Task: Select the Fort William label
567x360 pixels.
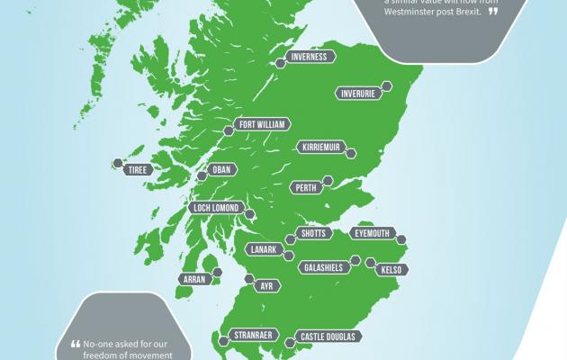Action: point(258,125)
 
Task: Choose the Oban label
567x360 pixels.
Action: point(220,168)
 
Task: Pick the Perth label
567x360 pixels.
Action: point(304,187)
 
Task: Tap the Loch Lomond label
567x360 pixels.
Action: point(215,208)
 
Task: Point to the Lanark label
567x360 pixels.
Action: point(265,248)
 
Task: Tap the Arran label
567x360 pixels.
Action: point(194,279)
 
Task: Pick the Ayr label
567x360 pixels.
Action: point(265,285)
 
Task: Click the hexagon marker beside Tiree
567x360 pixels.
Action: point(116,164)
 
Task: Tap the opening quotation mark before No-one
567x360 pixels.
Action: point(76,342)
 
